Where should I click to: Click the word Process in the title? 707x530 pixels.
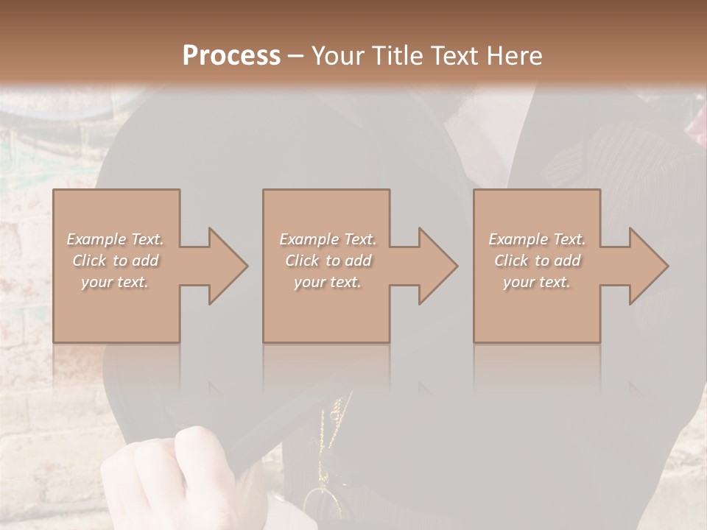point(231,56)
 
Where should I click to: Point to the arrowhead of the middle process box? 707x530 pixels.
point(437,266)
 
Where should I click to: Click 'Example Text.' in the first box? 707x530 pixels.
point(116,239)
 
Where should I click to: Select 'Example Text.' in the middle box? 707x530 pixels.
point(328,239)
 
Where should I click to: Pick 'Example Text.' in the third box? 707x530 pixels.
point(537,239)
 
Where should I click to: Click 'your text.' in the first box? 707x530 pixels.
point(116,282)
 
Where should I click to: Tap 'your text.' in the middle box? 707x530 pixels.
point(328,282)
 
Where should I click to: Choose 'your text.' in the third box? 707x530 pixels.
point(537,282)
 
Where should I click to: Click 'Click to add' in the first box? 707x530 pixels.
point(116,261)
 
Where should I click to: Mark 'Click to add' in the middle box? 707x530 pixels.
point(328,261)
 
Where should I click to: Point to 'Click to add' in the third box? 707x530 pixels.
point(537,261)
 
